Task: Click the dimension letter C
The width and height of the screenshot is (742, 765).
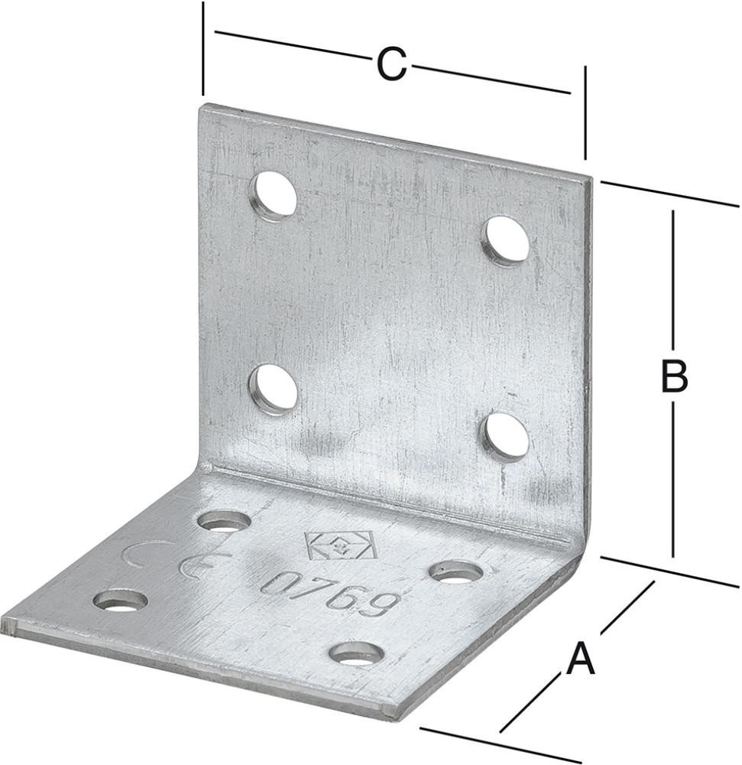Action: (x=391, y=64)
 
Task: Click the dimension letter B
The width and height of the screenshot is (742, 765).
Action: (x=674, y=376)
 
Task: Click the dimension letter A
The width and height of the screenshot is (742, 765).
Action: (x=580, y=658)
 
